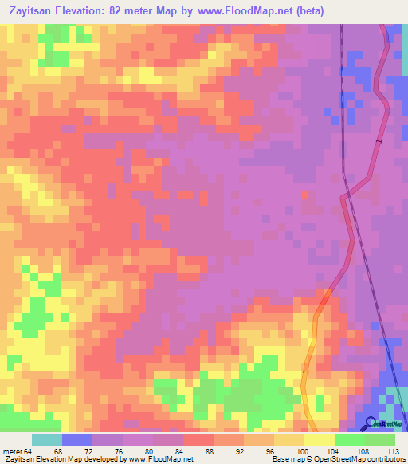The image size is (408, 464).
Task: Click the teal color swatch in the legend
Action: tap(46, 439)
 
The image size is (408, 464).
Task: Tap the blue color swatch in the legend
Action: tap(76, 439)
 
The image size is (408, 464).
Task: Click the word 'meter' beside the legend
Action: tap(12, 452)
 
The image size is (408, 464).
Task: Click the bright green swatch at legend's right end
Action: tap(379, 439)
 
